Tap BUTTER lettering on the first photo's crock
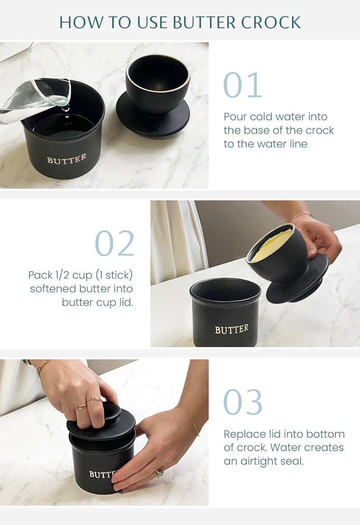[x=67, y=159]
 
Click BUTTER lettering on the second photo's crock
[x=231, y=329]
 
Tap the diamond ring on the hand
[x=159, y=473]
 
